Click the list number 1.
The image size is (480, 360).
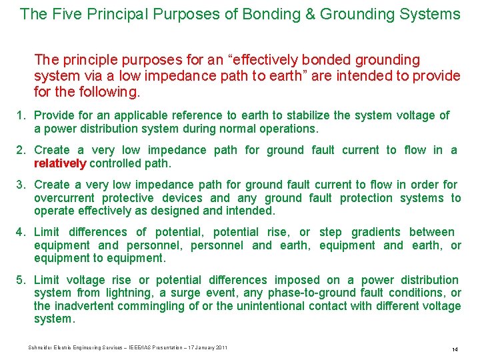(x=21, y=115)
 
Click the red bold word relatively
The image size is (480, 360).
(x=60, y=163)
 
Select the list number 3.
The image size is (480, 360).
(x=21, y=185)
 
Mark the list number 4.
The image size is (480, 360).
(x=21, y=232)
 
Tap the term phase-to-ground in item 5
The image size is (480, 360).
(x=310, y=293)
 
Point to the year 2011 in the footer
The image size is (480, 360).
(x=221, y=347)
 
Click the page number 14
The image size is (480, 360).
(x=454, y=349)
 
